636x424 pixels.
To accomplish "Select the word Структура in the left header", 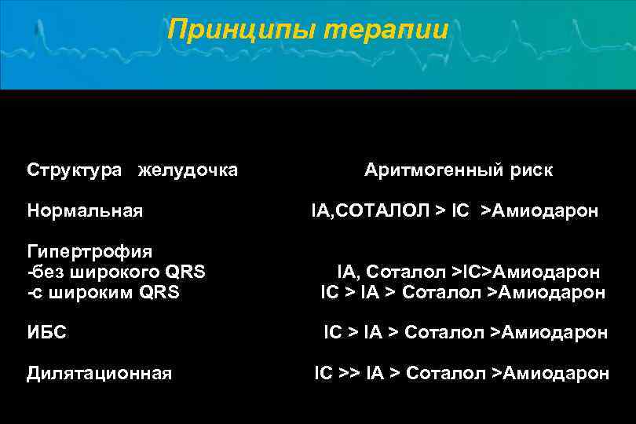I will pyautogui.click(x=75, y=170).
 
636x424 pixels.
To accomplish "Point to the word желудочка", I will pyautogui.click(x=188, y=170).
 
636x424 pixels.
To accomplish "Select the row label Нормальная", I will pyautogui.click(x=85, y=211).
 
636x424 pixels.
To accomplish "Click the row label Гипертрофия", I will pyautogui.click(x=90, y=252).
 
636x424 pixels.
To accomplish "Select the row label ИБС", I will pyautogui.click(x=46, y=333).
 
